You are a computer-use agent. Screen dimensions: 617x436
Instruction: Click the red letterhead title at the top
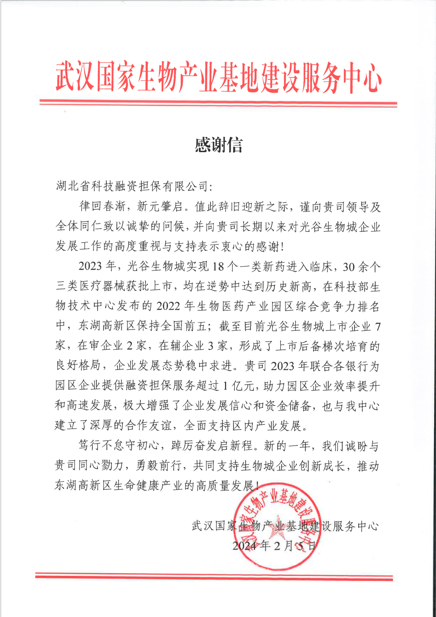tap(218, 77)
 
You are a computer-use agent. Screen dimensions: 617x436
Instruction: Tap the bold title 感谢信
tap(218, 145)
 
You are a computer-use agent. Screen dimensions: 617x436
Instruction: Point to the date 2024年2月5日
tap(274, 546)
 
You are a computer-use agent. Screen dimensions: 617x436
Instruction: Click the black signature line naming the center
tap(285, 526)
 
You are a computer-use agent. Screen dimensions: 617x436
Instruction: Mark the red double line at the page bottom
tap(214, 576)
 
